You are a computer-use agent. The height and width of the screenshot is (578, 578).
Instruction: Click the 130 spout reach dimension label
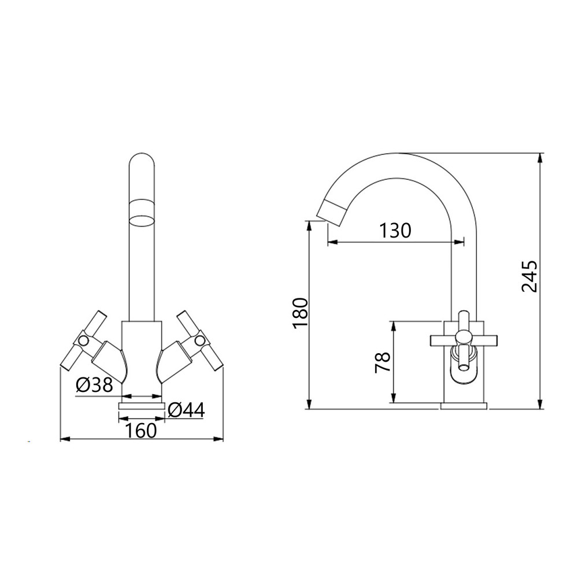pyautogui.click(x=395, y=231)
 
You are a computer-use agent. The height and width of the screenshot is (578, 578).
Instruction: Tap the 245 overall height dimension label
pyautogui.click(x=529, y=276)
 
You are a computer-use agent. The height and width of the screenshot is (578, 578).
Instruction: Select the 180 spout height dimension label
pyautogui.click(x=299, y=313)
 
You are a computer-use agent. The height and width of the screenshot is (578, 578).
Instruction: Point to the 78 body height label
pyautogui.click(x=382, y=363)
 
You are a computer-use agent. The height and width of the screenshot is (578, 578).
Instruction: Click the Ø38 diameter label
pyautogui.click(x=94, y=386)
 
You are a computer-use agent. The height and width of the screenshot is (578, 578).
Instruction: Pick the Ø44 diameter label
pyautogui.click(x=186, y=410)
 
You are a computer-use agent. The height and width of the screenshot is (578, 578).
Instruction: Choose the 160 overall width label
pyautogui.click(x=141, y=430)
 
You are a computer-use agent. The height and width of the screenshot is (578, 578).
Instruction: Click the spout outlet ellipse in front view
pyautogui.click(x=141, y=221)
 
